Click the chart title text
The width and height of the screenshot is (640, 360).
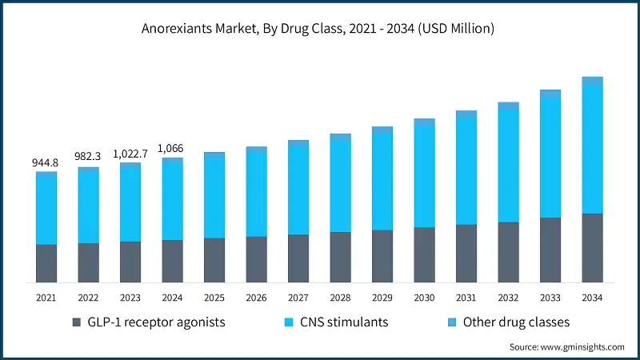pos(320,30)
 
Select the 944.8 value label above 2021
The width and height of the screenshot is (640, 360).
pos(46,162)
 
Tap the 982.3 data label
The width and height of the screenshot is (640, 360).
pos(88,158)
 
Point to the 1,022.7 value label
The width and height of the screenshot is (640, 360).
pos(130,154)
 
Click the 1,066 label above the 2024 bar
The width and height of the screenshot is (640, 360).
pos(172,148)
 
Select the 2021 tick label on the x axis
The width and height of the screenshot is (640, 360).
pos(46,297)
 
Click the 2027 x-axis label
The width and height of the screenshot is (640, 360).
pos(298,297)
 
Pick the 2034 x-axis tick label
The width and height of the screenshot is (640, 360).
pos(592,297)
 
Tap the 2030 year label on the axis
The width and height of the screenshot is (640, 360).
pos(424,297)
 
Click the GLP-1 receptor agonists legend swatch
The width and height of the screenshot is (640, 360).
pos(77,322)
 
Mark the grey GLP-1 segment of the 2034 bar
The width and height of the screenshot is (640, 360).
pos(592,248)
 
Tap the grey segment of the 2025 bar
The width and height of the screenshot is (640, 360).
pos(214,260)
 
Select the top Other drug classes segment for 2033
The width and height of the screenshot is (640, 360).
pos(550,94)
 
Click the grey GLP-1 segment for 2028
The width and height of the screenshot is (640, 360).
pos(340,257)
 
